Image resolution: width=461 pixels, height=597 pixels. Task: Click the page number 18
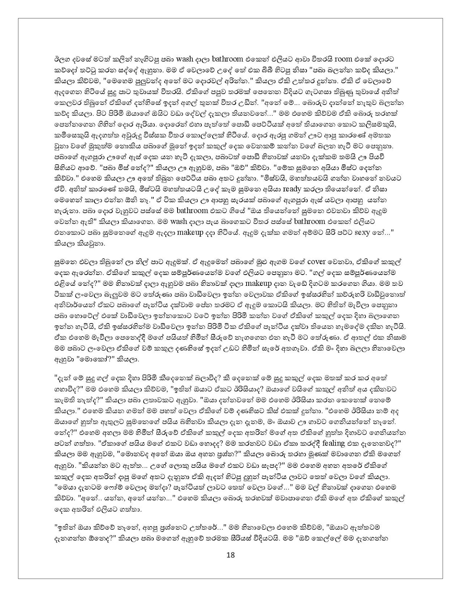pyautogui.click(x=230, y=555)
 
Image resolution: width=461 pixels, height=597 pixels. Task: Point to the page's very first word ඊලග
pyautogui.click(x=60, y=59)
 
